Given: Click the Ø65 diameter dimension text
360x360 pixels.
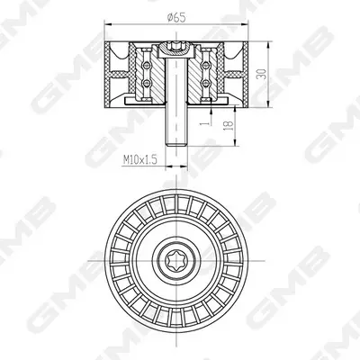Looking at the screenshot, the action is tap(176, 18).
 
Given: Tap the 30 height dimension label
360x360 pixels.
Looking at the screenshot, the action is tap(261, 74).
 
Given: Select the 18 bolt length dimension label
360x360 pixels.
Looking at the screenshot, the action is tap(229, 125).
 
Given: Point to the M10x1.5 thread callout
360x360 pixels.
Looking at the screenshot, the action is tap(140, 160).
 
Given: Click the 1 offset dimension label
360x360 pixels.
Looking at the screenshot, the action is tap(206, 123).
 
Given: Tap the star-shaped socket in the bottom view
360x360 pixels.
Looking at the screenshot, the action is tap(176, 260).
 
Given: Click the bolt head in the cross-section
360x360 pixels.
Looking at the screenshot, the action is tap(176, 49).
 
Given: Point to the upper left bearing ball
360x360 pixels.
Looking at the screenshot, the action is tap(146, 64).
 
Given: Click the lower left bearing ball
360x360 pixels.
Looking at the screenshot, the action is tap(146, 83).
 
